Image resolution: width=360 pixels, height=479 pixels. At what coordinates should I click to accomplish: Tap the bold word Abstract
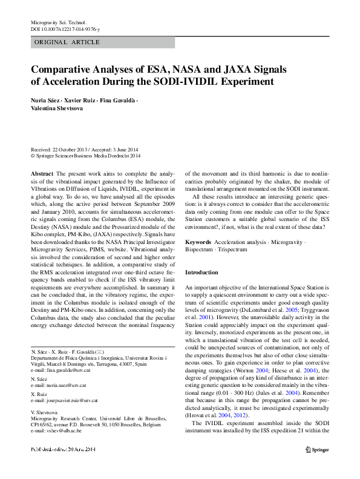42,173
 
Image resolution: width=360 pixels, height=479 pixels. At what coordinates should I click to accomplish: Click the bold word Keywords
198,242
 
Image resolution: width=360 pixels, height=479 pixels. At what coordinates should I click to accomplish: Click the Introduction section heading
202,273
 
